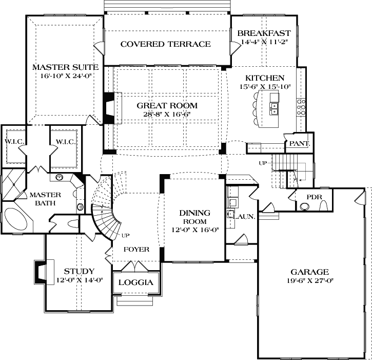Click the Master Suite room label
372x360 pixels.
[65, 67]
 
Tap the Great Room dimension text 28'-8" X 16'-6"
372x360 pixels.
[167, 114]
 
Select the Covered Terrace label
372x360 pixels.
[166, 44]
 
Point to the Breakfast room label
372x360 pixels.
[264, 33]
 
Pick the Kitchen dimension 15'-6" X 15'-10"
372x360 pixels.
[265, 87]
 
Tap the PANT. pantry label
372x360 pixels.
[300, 144]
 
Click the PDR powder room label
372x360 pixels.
[314, 197]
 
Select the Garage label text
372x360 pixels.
[310, 272]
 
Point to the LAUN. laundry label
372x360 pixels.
[244, 217]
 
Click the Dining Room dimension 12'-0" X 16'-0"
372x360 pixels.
[195, 230]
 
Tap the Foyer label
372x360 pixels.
[136, 250]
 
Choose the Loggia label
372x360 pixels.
[136, 282]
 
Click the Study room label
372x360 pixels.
[79, 271]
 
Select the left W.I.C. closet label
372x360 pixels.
[14, 142]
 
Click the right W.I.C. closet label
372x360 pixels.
[66, 142]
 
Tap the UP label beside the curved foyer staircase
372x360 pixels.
[126, 236]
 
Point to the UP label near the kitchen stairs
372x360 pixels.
[263, 163]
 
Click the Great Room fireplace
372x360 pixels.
[110, 108]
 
